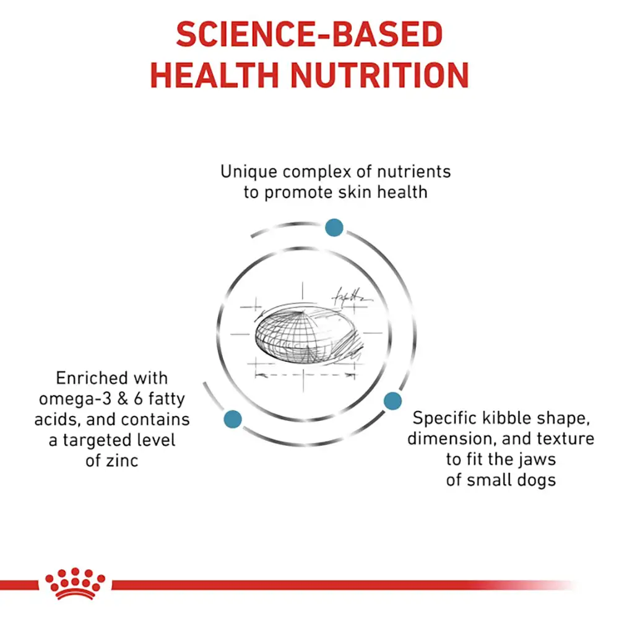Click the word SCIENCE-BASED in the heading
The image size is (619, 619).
pyautogui.click(x=309, y=34)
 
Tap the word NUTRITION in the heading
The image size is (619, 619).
pyautogui.click(x=380, y=75)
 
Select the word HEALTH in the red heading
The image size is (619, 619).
pyautogui.click(x=214, y=75)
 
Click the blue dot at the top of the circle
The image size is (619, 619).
pyautogui.click(x=334, y=227)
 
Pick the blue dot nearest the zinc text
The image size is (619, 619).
pyautogui.click(x=233, y=419)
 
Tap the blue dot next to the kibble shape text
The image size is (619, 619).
pyautogui.click(x=392, y=400)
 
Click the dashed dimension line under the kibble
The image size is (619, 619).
pyautogui.click(x=305, y=374)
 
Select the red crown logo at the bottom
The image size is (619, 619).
pyautogui.click(x=75, y=584)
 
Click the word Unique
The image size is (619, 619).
pyautogui.click(x=249, y=172)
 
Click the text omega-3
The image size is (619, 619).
pyautogui.click(x=75, y=400)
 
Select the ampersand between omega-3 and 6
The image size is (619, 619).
pyautogui.click(x=123, y=399)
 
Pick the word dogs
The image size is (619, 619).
pyautogui.click(x=537, y=480)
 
